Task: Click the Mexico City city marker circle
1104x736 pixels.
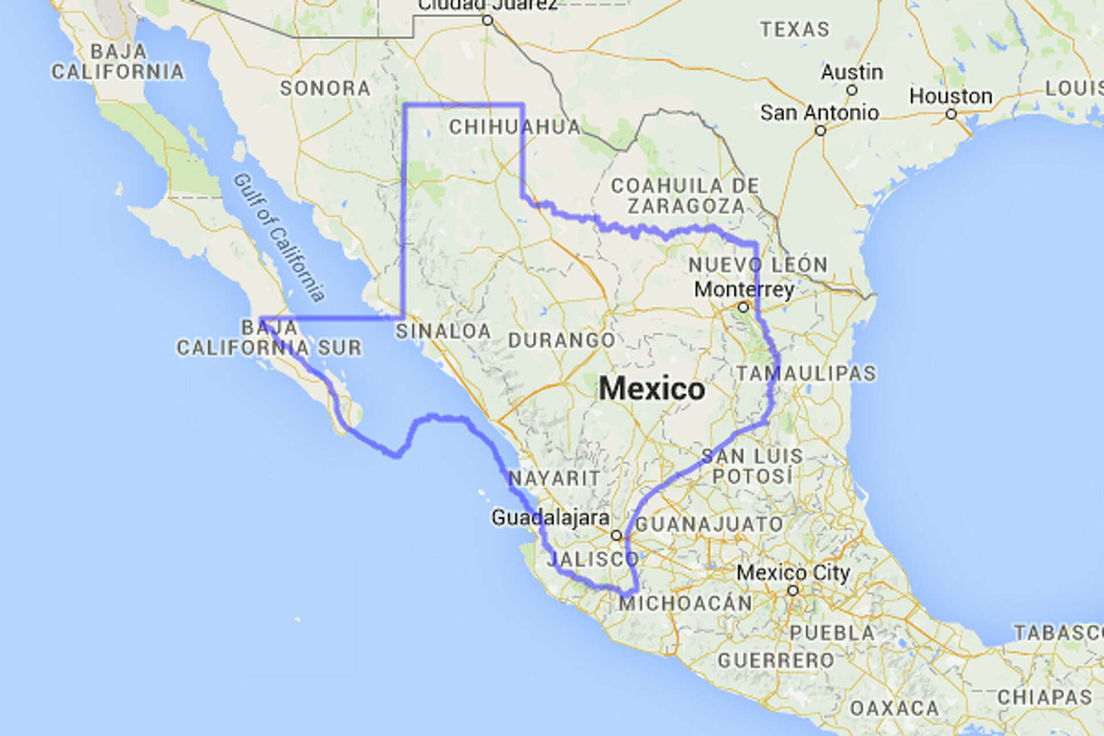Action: click(793, 591)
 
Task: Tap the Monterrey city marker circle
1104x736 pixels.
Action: click(743, 307)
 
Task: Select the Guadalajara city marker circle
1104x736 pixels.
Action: click(616, 535)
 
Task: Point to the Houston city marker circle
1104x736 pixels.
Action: click(952, 114)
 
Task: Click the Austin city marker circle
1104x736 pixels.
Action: click(852, 90)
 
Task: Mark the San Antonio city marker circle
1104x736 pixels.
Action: click(821, 131)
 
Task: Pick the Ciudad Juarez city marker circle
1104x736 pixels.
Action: click(488, 21)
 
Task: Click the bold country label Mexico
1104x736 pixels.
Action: click(651, 389)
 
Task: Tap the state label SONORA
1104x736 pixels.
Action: click(325, 89)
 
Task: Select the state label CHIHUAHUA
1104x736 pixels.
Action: click(515, 127)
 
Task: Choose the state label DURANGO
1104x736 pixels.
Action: click(562, 340)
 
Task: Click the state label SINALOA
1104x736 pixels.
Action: click(443, 331)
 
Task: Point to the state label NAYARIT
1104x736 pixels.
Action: click(554, 478)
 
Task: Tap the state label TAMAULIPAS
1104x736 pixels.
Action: click(806, 374)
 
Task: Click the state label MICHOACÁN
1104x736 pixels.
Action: click(685, 603)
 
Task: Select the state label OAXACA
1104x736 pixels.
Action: click(894, 708)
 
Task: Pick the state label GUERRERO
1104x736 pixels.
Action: click(776, 661)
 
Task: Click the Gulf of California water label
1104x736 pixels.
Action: click(279, 237)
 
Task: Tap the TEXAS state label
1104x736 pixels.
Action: click(795, 29)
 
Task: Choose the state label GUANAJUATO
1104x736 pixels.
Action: click(709, 524)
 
